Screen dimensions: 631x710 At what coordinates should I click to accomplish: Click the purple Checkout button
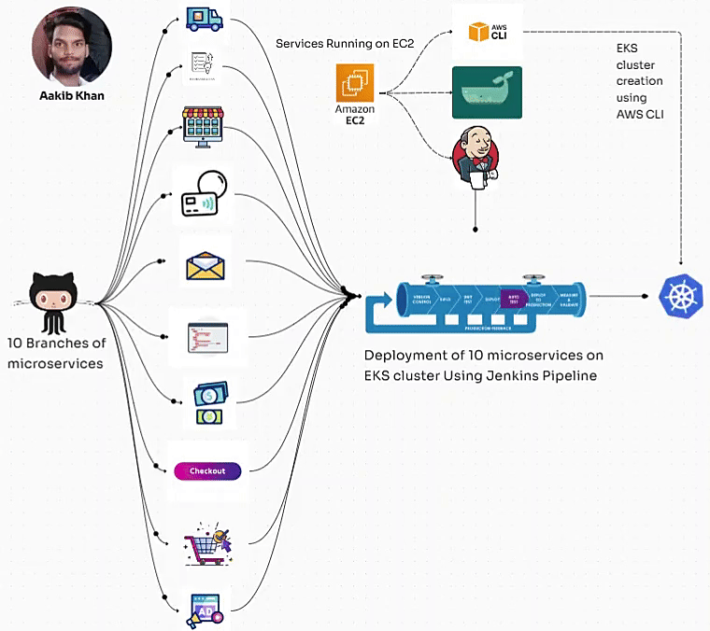[x=207, y=470]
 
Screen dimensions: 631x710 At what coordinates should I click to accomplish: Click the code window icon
[x=207, y=335]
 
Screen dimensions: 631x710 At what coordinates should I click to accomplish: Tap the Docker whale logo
[x=487, y=92]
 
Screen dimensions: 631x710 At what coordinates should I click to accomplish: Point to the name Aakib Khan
[x=72, y=95]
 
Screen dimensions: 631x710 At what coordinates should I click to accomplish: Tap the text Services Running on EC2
[x=345, y=44]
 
